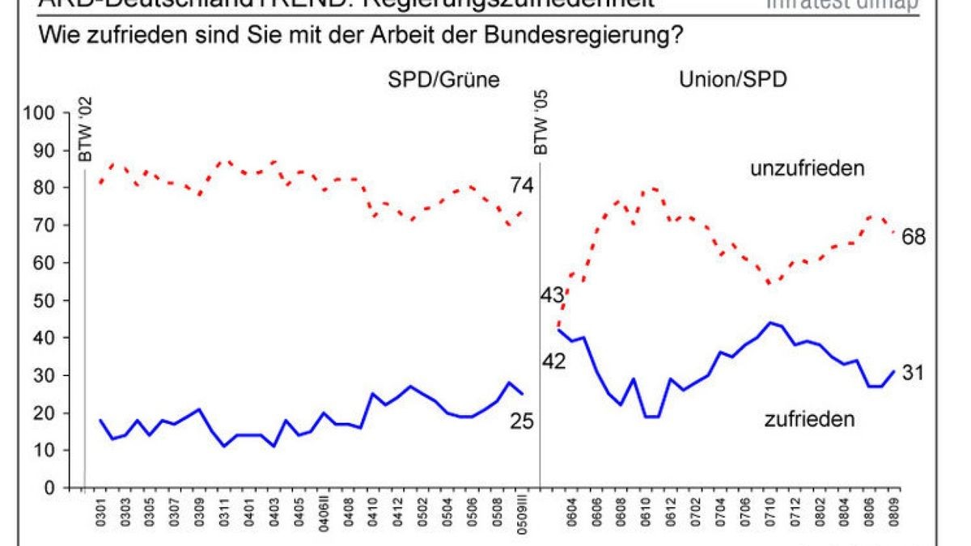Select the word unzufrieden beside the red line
tap(808, 169)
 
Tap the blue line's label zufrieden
tap(810, 418)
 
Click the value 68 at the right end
tap(911, 236)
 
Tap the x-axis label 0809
tap(893, 514)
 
